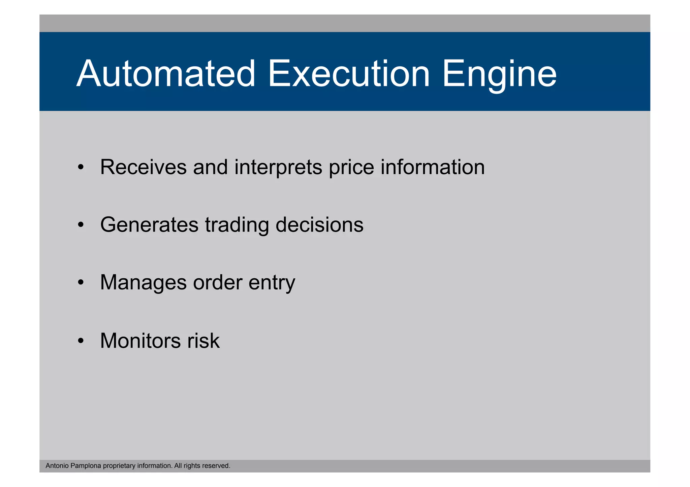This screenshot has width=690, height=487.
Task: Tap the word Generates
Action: tap(149, 225)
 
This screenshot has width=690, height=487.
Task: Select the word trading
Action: tap(237, 225)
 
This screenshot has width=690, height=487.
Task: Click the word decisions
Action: tap(319, 225)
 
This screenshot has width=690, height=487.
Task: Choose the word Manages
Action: tap(143, 282)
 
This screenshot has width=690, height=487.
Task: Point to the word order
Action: tap(218, 282)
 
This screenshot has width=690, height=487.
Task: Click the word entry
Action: tap(272, 283)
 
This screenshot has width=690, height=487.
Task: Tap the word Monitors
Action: tap(140, 341)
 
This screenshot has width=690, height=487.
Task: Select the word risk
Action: tap(203, 341)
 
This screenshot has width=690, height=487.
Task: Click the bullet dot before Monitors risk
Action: tap(80, 341)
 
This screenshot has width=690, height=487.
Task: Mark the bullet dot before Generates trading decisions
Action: tap(80, 225)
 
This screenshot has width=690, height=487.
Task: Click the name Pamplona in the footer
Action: tap(86, 466)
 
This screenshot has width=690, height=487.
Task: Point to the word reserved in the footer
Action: tap(216, 466)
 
